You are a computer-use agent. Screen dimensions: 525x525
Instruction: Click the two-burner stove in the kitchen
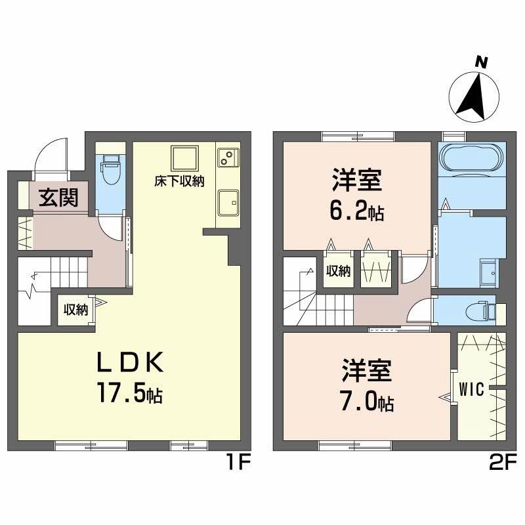(x=227, y=158)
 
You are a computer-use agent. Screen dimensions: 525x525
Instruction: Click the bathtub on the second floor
(x=471, y=159)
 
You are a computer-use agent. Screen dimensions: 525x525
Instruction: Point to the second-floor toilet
(x=486, y=310)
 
